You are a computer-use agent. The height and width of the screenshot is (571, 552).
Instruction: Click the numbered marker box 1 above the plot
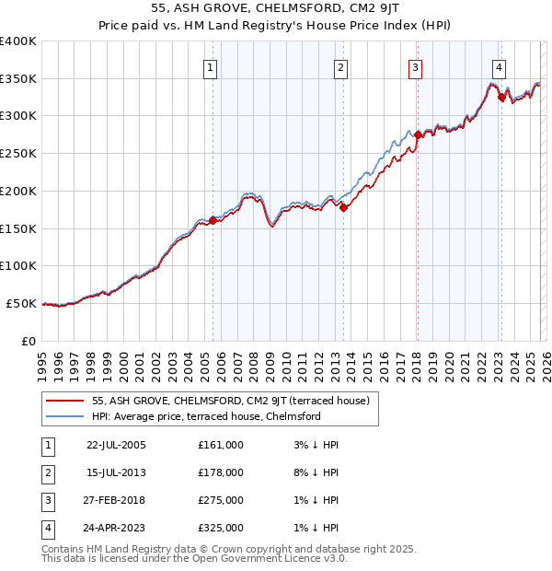[212, 67]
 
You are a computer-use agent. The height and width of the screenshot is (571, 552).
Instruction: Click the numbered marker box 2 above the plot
[340, 67]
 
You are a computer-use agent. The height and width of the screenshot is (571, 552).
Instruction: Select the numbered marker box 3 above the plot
[416, 67]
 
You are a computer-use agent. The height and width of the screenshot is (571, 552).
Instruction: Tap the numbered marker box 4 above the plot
[499, 67]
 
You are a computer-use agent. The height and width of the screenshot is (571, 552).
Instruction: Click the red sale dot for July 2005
[213, 220]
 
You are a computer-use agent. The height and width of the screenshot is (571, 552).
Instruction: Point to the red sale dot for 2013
[343, 207]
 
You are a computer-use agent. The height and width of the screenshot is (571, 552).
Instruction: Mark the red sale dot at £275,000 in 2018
[418, 134]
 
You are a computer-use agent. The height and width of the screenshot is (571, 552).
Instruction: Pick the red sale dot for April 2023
[501, 97]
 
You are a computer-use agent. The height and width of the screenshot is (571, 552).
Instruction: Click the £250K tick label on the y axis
[18, 154]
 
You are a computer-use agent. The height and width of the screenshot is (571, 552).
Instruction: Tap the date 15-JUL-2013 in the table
[116, 472]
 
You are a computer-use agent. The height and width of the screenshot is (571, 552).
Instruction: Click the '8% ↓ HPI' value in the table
[313, 472]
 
